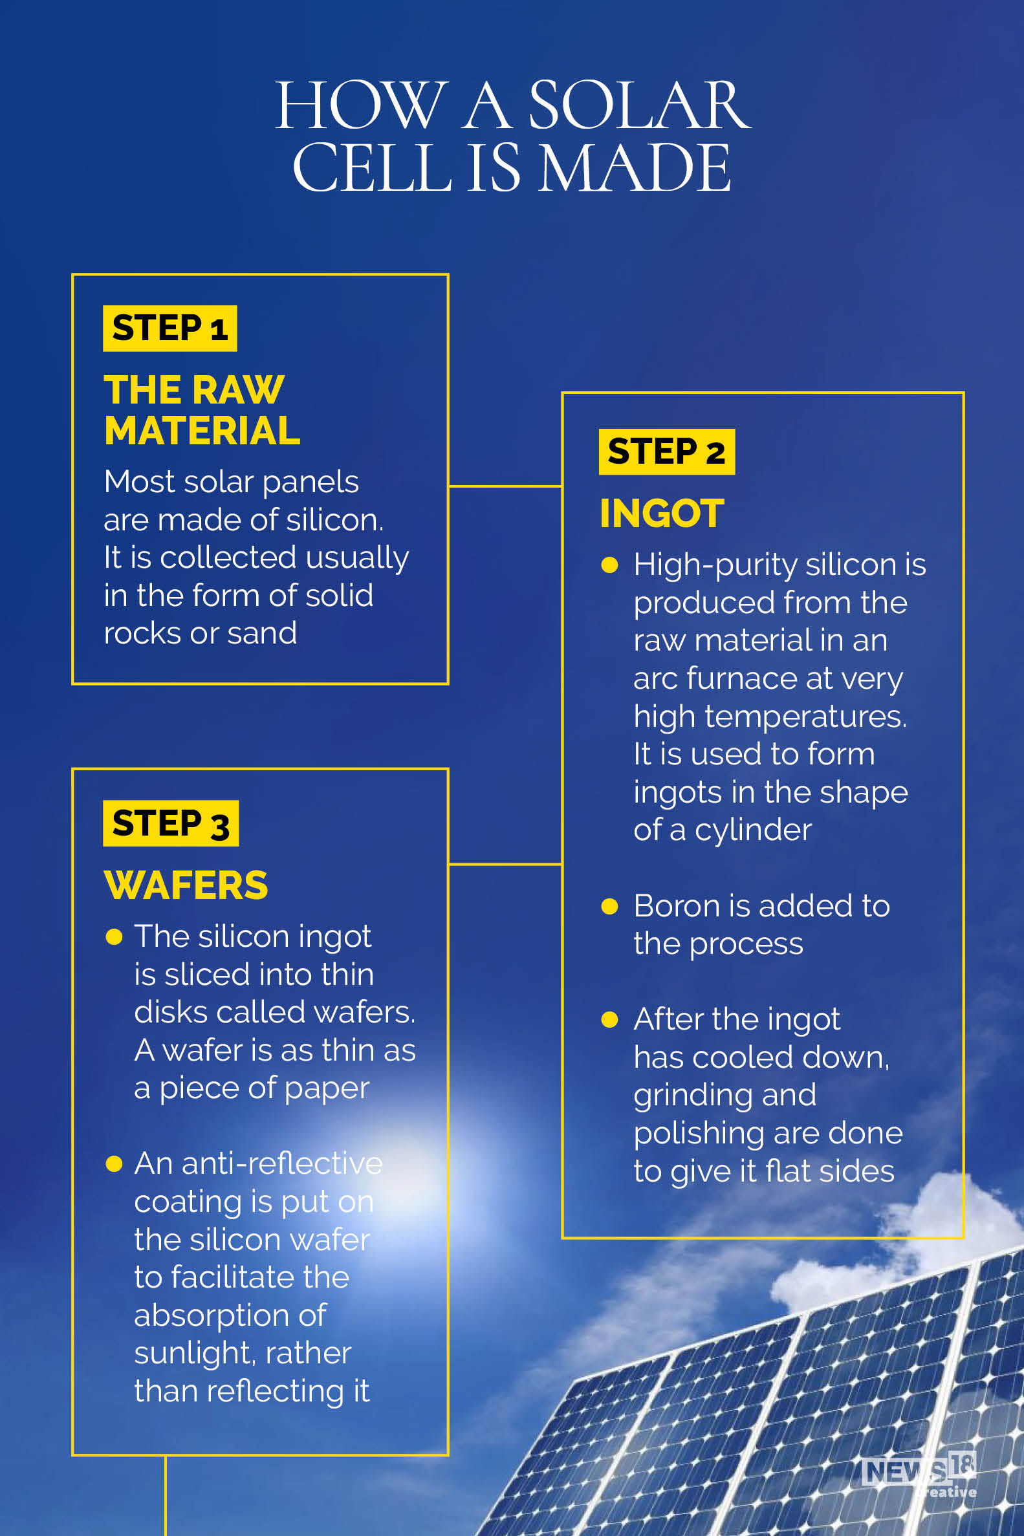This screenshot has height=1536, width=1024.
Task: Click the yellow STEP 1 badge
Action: tap(169, 329)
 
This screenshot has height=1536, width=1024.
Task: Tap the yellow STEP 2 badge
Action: tap(666, 451)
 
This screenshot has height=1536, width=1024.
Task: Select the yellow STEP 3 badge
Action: tap(170, 823)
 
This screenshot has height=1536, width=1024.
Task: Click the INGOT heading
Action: tap(662, 514)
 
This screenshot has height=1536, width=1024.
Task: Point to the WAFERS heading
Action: tap(186, 886)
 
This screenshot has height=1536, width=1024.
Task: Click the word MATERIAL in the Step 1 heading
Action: tap(202, 431)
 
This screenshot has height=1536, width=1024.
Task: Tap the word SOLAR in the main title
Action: tap(638, 106)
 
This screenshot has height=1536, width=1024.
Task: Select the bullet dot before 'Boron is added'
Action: tap(609, 906)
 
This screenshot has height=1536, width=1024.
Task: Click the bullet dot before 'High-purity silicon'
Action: tap(609, 565)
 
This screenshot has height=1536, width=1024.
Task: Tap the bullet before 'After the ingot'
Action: tap(609, 1020)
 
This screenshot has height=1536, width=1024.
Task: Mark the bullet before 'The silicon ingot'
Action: tap(114, 937)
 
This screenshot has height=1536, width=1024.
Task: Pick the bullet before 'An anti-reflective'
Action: tap(114, 1164)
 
